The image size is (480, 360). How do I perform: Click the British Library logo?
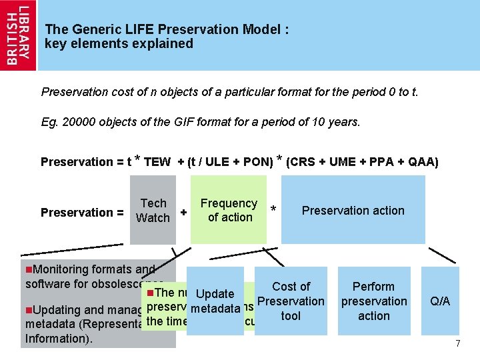point(18,35)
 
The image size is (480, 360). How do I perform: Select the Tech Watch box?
point(153,210)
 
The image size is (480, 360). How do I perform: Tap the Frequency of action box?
point(229,210)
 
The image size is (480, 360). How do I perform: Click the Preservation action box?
point(353,211)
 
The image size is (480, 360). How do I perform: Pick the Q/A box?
point(440,301)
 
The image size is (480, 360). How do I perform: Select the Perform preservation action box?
point(373,301)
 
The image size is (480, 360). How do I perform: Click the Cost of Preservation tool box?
point(291,301)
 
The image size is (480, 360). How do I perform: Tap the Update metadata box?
point(215,301)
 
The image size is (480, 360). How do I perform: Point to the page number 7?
point(457,343)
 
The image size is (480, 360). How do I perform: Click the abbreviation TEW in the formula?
point(157,162)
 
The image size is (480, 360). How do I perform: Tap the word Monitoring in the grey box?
point(60,270)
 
